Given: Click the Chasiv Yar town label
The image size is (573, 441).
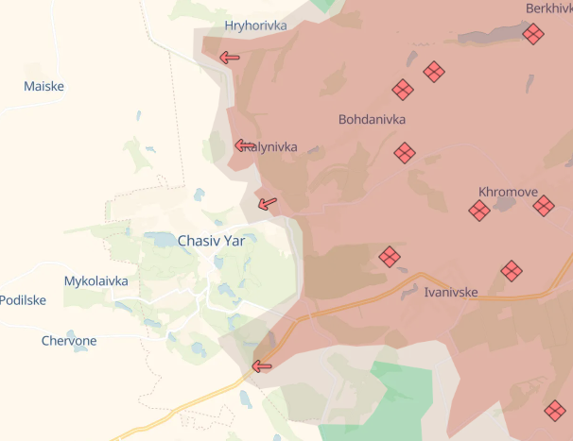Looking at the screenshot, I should pos(211,241).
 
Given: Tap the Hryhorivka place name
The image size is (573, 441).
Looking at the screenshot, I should pos(255,25).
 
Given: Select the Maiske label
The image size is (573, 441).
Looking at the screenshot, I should pos(43,87).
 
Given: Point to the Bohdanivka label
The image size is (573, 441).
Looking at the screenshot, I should pos(372,120).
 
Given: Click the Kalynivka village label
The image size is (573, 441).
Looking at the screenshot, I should pos(269,147).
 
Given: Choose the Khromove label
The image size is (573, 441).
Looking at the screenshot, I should pos(508,192).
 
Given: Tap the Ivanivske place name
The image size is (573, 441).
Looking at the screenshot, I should pos(450,293).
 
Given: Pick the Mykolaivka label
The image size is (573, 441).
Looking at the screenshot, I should pos(95,281).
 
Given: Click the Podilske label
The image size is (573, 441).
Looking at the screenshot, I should pos(23,300).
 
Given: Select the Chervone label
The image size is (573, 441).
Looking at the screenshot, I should pos(68,341).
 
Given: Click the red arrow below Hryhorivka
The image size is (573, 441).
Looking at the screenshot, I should pos(229,58).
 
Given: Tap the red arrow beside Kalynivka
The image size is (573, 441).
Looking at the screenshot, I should pos(245,145).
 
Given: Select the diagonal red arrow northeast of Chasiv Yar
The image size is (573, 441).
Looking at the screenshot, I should pos(268,203).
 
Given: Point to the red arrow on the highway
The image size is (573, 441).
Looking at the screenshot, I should pos(262,366).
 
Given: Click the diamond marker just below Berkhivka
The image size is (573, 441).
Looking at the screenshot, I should pos(533,34).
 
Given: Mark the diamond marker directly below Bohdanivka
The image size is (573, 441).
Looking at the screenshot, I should pos(405,153).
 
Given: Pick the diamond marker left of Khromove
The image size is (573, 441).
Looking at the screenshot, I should pos(479,212).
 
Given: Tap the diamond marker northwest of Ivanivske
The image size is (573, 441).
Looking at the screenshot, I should pos(390,256).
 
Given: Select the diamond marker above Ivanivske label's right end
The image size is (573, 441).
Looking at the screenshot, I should pos(512,271).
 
